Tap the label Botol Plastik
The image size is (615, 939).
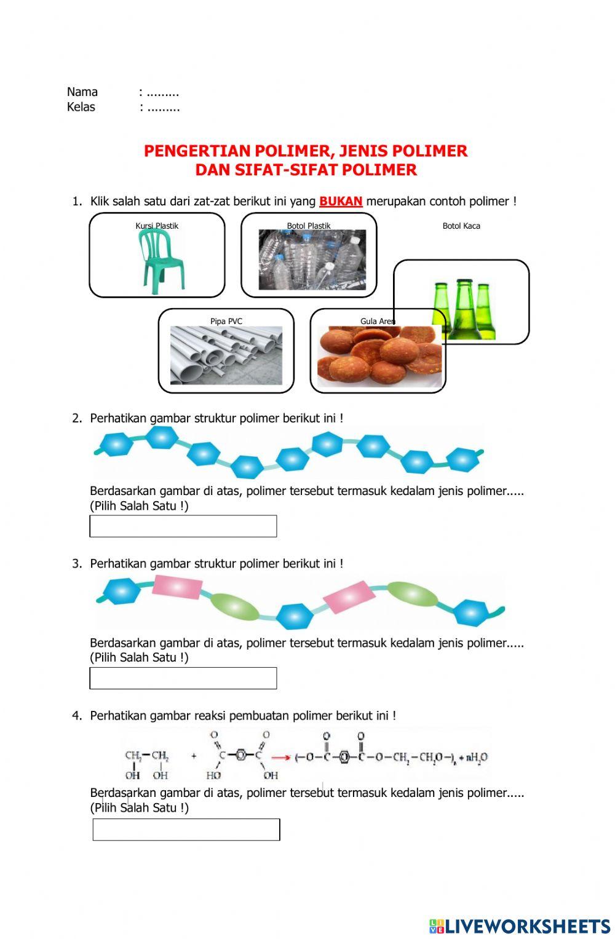[x=308, y=226]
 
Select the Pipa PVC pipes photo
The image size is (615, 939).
[x=226, y=355]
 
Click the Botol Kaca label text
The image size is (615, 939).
[x=461, y=226]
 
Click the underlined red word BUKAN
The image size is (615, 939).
[x=341, y=201]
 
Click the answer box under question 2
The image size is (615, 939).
[x=183, y=526]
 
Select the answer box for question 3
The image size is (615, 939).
[x=183, y=678]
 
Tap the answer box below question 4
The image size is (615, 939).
[x=186, y=830]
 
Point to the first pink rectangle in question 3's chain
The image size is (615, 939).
[x=177, y=588]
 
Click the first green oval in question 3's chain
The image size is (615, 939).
[x=235, y=606]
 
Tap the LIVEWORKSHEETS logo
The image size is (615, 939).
[x=520, y=925]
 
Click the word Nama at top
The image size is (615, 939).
[x=82, y=92]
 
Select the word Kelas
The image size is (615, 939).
[x=81, y=107]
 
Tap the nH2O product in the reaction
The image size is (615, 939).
[x=476, y=758]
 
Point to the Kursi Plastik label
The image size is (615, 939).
[x=157, y=226]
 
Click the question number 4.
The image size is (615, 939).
[x=76, y=715]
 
